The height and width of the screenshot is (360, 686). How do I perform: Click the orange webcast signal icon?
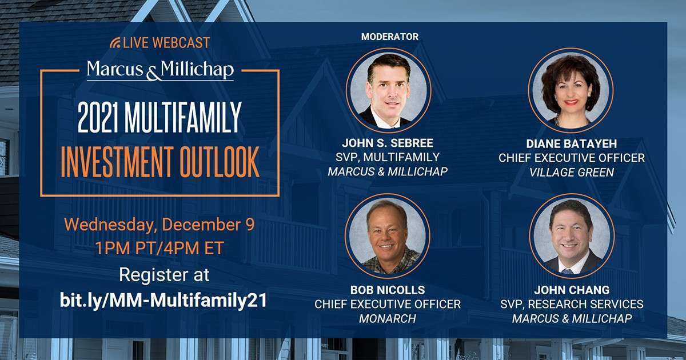click(x=115, y=43)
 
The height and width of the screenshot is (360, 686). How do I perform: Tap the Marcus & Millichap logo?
click(x=160, y=70)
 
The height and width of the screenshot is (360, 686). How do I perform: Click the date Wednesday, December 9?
click(x=159, y=224)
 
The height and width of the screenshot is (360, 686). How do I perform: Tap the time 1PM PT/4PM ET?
click(x=159, y=249)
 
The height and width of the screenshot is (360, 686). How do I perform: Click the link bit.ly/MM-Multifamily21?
click(x=163, y=301)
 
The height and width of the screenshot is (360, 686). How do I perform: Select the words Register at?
click(x=164, y=275)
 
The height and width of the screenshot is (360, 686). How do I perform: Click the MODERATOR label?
click(x=390, y=37)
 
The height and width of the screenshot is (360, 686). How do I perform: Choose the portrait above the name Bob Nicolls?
click(x=388, y=235)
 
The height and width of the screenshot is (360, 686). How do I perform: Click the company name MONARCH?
click(x=388, y=319)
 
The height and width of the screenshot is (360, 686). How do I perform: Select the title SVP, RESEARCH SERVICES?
click(x=572, y=305)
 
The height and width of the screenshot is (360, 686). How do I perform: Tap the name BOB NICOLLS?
click(x=388, y=290)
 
